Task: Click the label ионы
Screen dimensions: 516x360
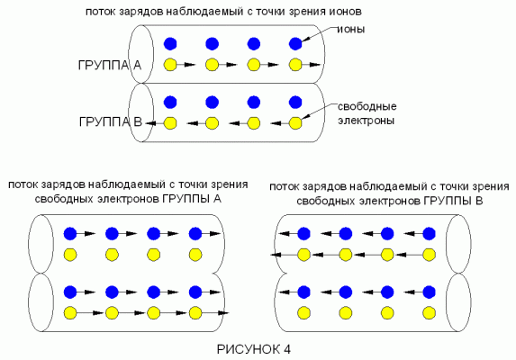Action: [351, 30]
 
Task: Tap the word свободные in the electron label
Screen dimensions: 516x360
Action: [367, 106]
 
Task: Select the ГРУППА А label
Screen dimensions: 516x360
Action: [110, 66]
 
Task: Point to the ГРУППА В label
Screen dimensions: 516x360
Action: [111, 122]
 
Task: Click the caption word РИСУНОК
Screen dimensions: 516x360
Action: [249, 349]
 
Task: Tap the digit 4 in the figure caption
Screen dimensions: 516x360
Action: [287, 349]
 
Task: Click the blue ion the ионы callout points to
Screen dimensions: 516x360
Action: [295, 44]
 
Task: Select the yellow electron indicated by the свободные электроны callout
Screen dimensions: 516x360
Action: [295, 123]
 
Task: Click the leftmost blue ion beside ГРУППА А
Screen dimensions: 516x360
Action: [170, 44]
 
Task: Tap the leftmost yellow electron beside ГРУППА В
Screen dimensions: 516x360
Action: [170, 123]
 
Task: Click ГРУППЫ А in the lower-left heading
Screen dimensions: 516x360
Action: [192, 199]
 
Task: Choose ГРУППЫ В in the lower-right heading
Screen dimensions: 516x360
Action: [453, 201]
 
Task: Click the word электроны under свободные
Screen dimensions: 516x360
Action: [367, 121]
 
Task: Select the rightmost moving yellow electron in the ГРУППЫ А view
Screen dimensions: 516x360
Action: [195, 313]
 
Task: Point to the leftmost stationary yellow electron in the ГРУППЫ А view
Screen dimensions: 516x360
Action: [70, 255]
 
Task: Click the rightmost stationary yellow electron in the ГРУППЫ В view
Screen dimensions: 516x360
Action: [430, 313]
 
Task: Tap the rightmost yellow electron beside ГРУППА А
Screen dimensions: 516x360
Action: [295, 65]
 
